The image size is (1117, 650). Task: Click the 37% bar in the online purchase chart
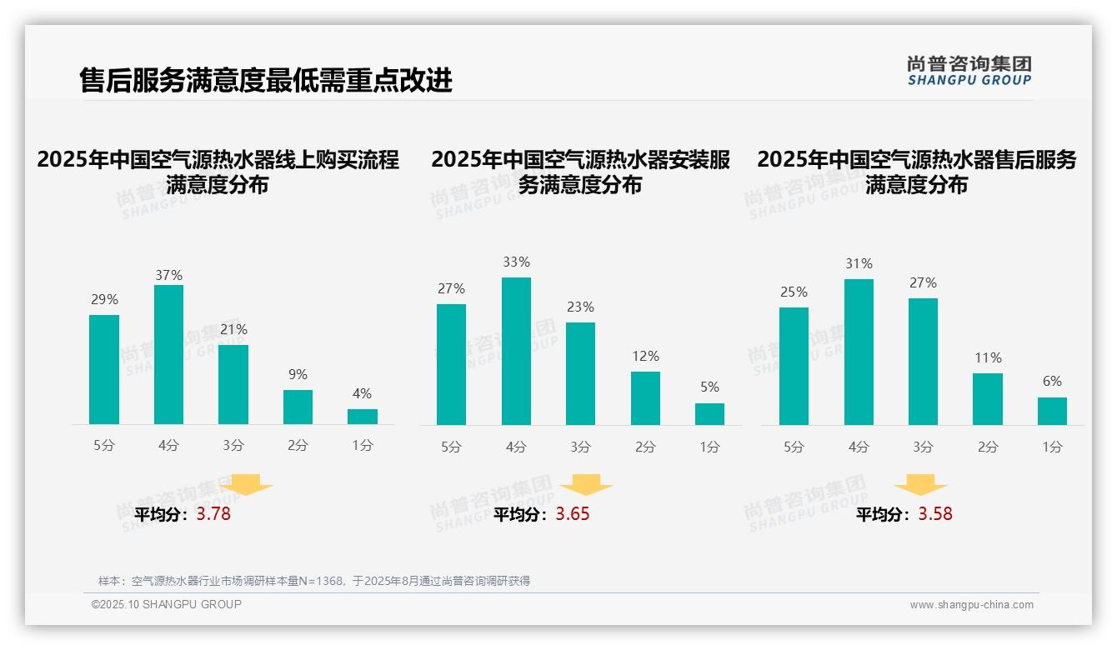pyautogui.click(x=168, y=354)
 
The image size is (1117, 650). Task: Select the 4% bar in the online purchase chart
pyautogui.click(x=363, y=417)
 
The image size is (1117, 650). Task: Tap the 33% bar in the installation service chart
pyautogui.click(x=516, y=351)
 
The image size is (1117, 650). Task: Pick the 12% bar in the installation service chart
pyautogui.click(x=645, y=398)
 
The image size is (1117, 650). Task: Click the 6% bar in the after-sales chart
pyautogui.click(x=1052, y=412)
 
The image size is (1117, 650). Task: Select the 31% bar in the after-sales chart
pyautogui.click(x=859, y=352)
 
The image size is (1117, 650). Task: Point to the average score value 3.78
pyautogui.click(x=213, y=514)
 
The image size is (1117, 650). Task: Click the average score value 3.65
pyautogui.click(x=573, y=514)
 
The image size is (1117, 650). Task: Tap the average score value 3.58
pyautogui.click(x=935, y=514)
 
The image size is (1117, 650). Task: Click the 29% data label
pyautogui.click(x=104, y=299)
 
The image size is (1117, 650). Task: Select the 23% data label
pyautogui.click(x=581, y=307)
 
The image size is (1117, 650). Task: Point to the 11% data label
pyautogui.click(x=988, y=357)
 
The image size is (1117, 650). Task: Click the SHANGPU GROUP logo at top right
pyautogui.click(x=969, y=70)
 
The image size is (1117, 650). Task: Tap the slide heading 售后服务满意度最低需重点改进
pyautogui.click(x=266, y=81)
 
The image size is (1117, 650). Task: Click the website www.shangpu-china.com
pyautogui.click(x=971, y=605)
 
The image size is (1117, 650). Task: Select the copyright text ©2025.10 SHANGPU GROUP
pyautogui.click(x=166, y=604)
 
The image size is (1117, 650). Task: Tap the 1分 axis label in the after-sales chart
pyautogui.click(x=1052, y=447)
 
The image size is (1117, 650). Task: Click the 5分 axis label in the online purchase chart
pyautogui.click(x=104, y=446)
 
